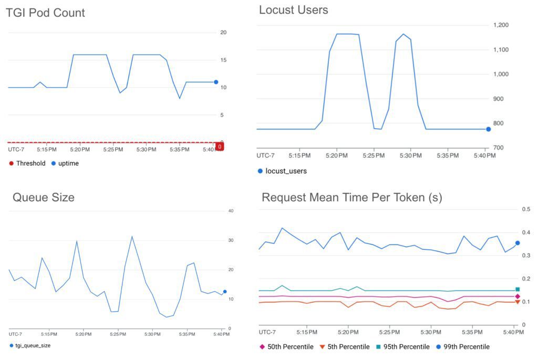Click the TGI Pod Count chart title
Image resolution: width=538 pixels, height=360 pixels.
point(45,13)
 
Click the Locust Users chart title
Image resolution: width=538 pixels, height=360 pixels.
point(293,10)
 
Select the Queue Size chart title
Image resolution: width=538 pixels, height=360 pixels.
point(44,198)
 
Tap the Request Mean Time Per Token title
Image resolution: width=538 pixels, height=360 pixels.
point(352,198)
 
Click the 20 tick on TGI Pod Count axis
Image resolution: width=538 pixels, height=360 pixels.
point(223,33)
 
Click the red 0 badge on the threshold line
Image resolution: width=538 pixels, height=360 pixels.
point(220,146)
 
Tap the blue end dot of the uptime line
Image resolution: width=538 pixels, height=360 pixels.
point(216,82)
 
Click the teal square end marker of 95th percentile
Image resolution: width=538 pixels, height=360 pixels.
point(518,289)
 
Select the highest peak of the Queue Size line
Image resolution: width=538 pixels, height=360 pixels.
point(132,236)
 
